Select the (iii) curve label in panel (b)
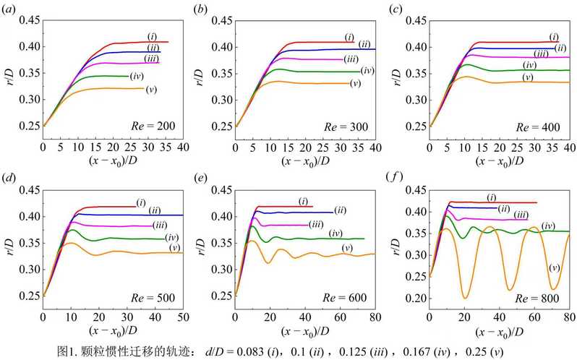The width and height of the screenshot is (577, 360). click(351, 59)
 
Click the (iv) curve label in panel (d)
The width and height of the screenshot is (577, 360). click(171, 237)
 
